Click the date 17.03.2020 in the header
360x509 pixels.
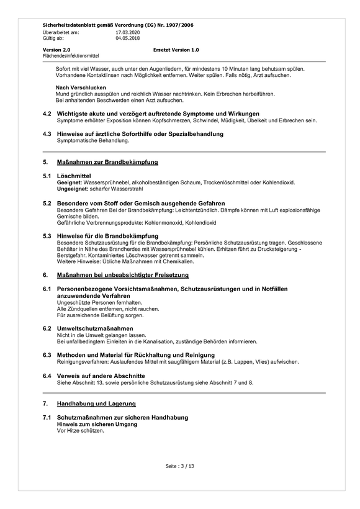128,32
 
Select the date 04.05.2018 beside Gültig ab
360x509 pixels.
128,37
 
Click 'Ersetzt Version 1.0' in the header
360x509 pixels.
176,50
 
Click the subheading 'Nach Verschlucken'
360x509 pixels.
81,88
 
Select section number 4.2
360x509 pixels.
47,114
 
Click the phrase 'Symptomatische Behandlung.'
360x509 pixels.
93,141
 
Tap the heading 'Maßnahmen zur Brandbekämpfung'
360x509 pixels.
107,162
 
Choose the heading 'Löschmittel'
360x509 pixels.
74,177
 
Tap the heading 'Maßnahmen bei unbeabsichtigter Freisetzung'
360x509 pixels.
123,274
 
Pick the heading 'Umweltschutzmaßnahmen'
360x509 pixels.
95,327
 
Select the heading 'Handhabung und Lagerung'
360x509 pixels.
101,403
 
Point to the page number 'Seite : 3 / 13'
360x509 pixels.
180,466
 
